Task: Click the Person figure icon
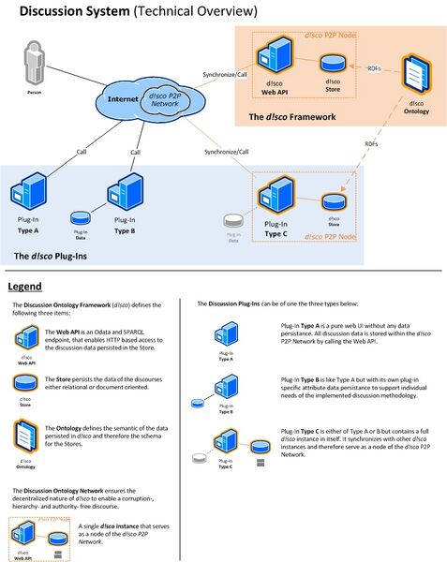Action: [x=36, y=68]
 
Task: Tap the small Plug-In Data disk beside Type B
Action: [x=81, y=218]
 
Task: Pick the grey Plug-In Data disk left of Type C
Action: [x=234, y=222]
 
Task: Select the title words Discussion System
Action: [x=74, y=11]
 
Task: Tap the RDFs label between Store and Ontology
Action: [x=373, y=68]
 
